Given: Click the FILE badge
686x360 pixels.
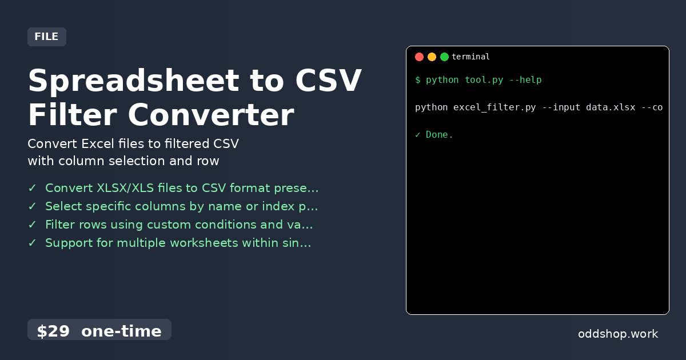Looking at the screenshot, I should pyautogui.click(x=46, y=37).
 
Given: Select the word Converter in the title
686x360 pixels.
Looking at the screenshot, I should pyautogui.click(x=210, y=114).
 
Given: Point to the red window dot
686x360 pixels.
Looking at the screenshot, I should pyautogui.click(x=419, y=57).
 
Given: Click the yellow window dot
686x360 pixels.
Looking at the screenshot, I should pyautogui.click(x=432, y=57).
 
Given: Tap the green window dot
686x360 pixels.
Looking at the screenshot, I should pyautogui.click(x=444, y=57).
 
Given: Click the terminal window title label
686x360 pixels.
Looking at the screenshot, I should pyautogui.click(x=470, y=57).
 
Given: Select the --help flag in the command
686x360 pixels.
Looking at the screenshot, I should pyautogui.click(x=525, y=80).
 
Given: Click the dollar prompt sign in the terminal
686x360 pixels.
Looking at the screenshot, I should pyautogui.click(x=418, y=80).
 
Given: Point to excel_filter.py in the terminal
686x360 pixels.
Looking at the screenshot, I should pyautogui.click(x=494, y=107).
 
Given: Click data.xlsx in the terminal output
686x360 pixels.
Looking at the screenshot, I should pyautogui.click(x=611, y=107).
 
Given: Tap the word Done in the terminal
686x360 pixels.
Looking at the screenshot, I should pyautogui.click(x=439, y=135).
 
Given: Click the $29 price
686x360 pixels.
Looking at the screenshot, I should pyautogui.click(x=53, y=331).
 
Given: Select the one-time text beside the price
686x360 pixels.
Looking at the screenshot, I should pyautogui.click(x=121, y=331).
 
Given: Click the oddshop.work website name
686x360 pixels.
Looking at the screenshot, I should pyautogui.click(x=618, y=334).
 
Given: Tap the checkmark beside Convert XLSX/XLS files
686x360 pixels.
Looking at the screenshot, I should pyautogui.click(x=32, y=188).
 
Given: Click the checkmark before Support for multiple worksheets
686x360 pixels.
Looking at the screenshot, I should pyautogui.click(x=32, y=243).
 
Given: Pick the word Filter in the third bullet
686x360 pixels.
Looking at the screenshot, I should pyautogui.click(x=59, y=225).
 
